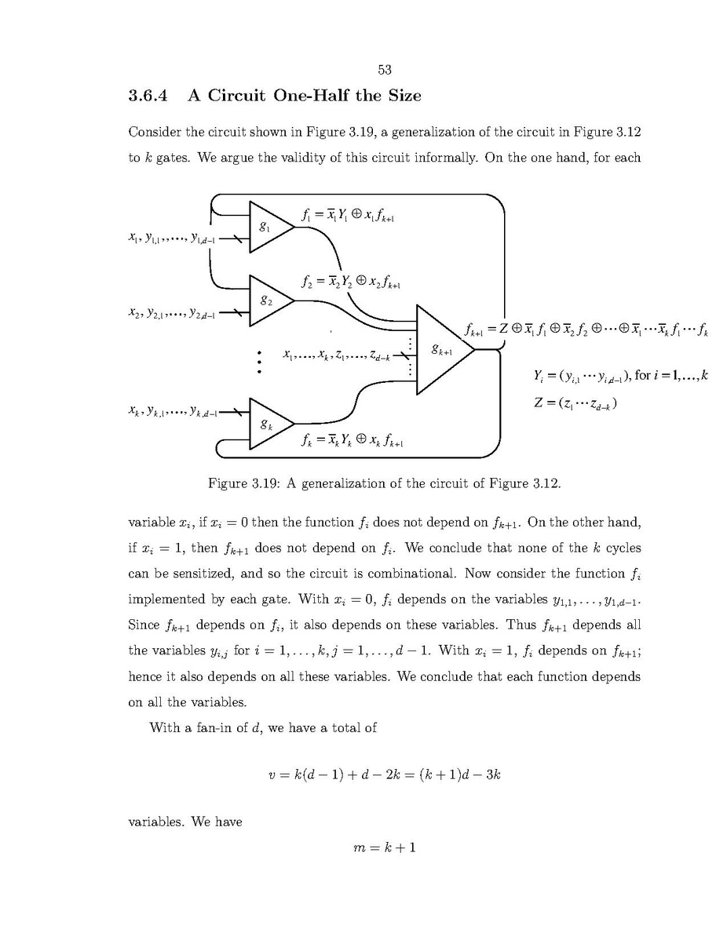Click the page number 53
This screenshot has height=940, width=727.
click(384, 70)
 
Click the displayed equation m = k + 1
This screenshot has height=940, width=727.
click(384, 847)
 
